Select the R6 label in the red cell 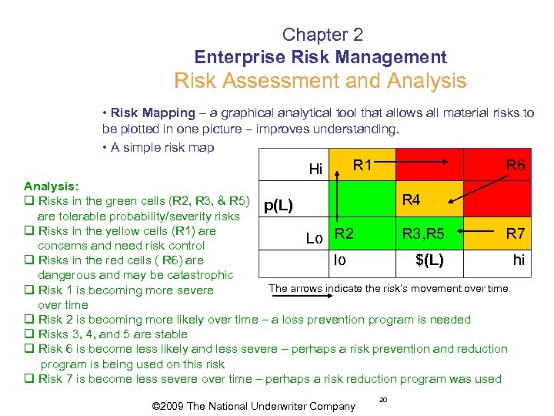pyautogui.click(x=515, y=165)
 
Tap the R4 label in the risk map pyautogui.click(x=411, y=200)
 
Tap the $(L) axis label pyautogui.click(x=429, y=260)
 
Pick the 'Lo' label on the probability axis pyautogui.click(x=314, y=239)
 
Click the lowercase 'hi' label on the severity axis pyautogui.click(x=519, y=260)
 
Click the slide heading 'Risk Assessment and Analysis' pyautogui.click(x=320, y=81)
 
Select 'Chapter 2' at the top pyautogui.click(x=322, y=35)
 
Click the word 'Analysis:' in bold pyautogui.click(x=50, y=186)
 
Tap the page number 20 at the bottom pyautogui.click(x=383, y=399)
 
